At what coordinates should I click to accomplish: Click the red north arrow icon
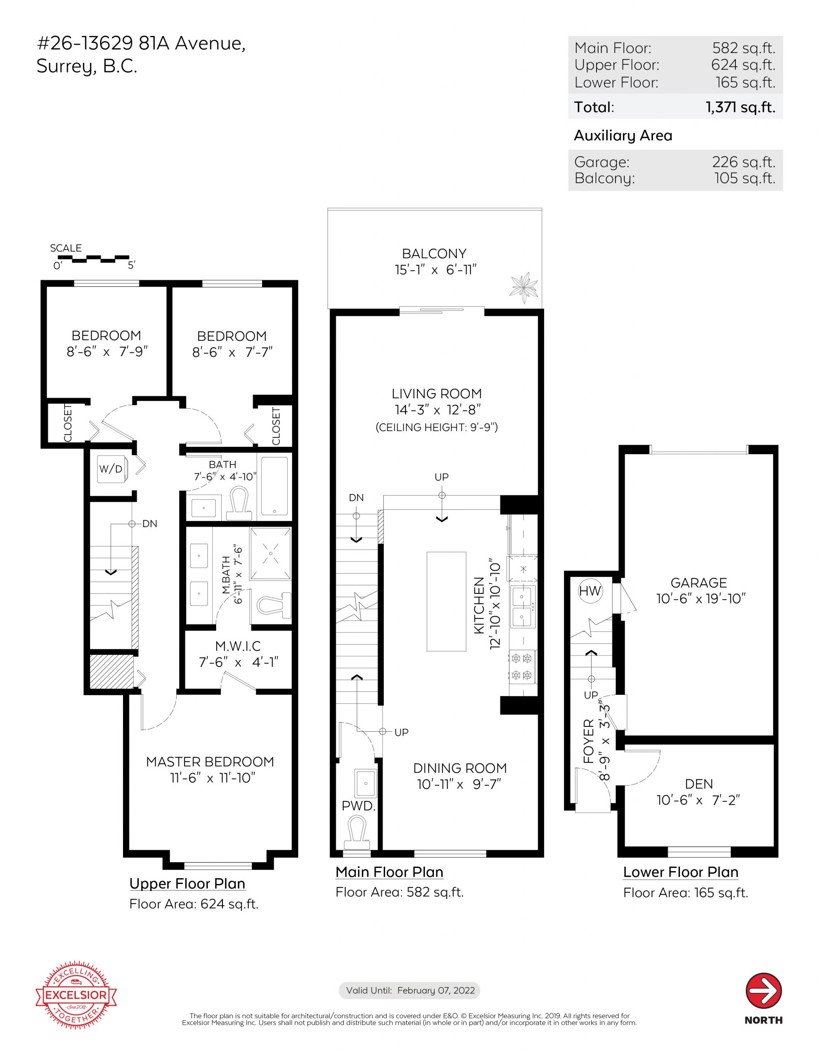tap(763, 990)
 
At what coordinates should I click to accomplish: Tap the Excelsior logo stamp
tap(76, 996)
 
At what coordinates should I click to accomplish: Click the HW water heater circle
tap(590, 591)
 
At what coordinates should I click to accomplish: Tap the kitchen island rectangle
tap(446, 601)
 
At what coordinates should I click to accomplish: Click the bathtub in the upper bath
tap(274, 486)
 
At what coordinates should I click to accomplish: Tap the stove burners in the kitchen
tap(522, 666)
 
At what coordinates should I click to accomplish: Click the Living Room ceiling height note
tap(436, 427)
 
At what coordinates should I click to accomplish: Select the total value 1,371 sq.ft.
tap(740, 107)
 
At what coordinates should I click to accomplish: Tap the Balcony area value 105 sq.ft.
tap(745, 178)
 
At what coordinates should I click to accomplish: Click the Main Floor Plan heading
tap(389, 872)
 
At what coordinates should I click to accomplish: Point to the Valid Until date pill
tap(409, 990)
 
